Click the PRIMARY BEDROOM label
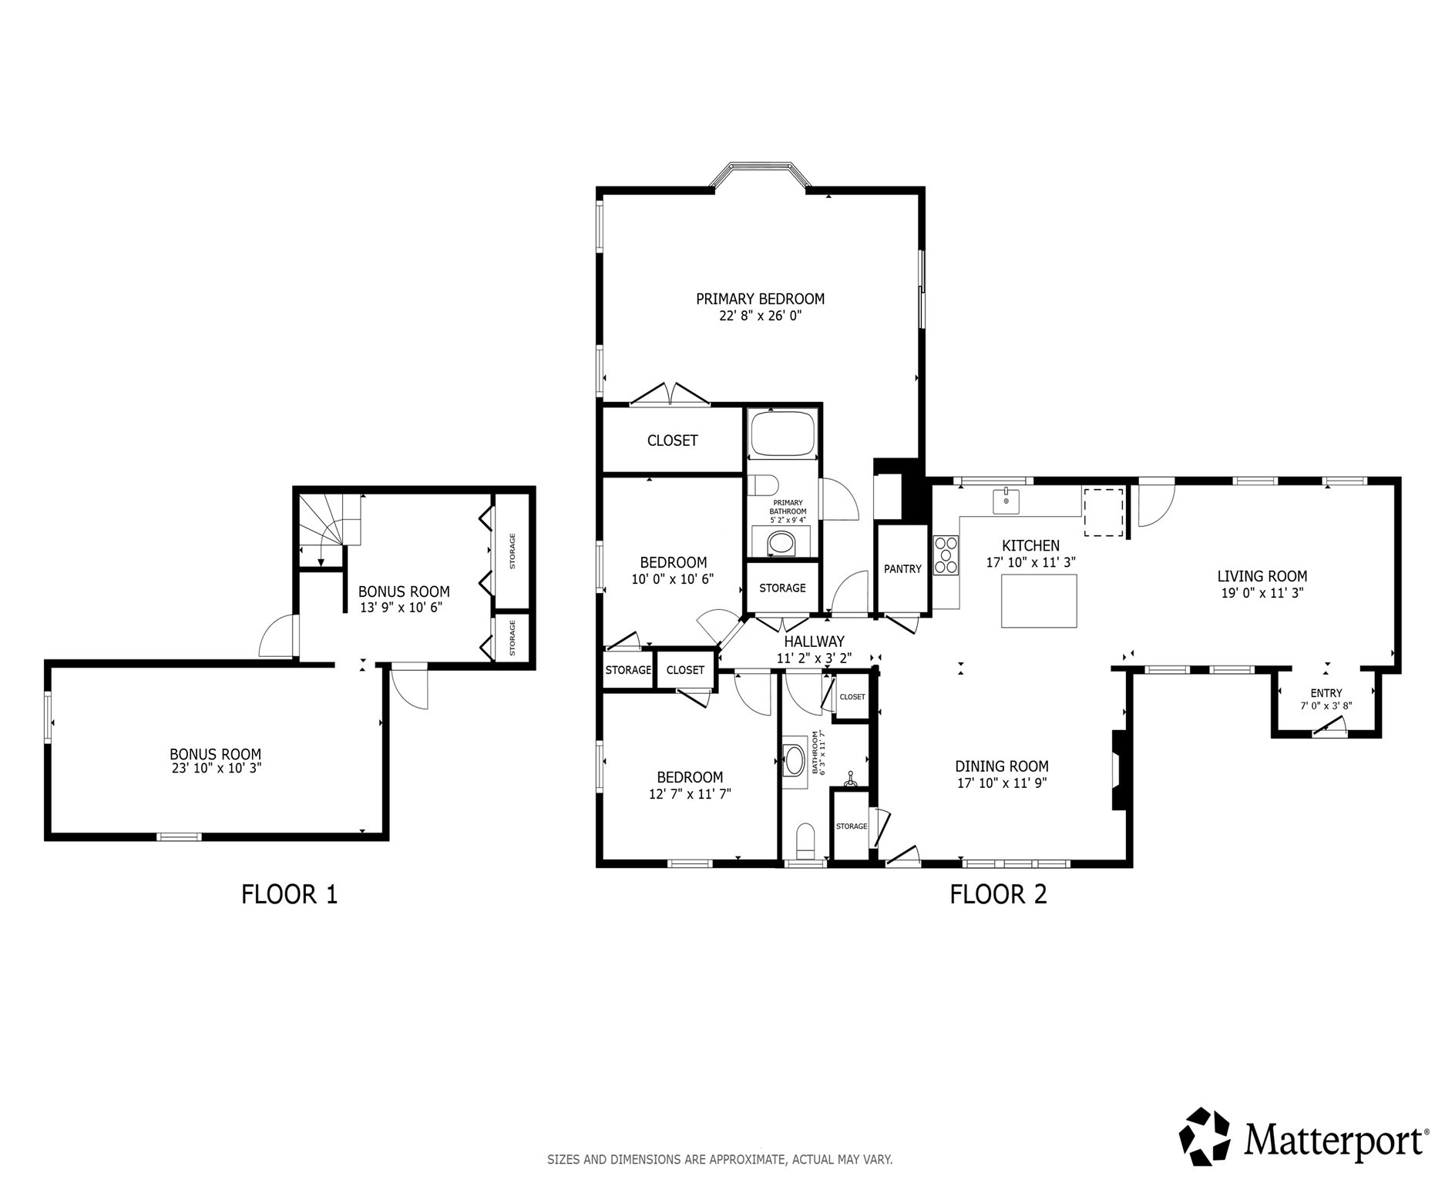point(760,299)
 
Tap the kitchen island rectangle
point(1039,602)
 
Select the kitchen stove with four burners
point(946,555)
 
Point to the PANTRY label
point(902,569)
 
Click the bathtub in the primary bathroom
point(783,434)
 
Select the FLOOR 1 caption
point(289,894)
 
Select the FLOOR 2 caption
point(998,894)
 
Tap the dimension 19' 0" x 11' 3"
point(1262,593)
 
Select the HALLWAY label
point(814,642)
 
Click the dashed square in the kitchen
point(1104,511)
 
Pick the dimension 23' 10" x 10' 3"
point(215,768)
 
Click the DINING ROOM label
point(1001,766)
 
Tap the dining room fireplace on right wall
point(1119,769)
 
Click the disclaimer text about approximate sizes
point(720,1159)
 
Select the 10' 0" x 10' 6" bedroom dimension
point(673,579)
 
